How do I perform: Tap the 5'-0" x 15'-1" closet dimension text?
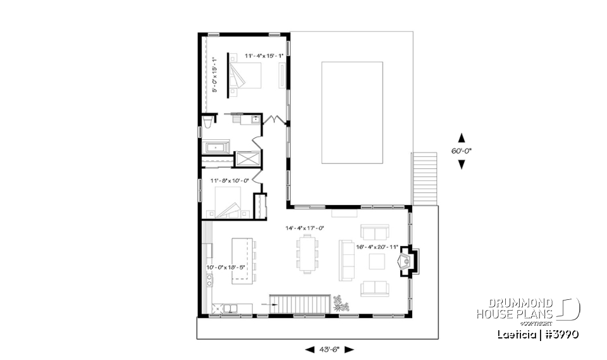point(214,75)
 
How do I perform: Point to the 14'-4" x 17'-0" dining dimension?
point(304,228)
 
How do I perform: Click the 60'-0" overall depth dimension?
point(462,151)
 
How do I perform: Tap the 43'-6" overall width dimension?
point(329,349)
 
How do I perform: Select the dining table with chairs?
point(307,254)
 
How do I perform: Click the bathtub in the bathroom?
point(217,148)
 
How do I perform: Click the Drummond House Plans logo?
point(527,309)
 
